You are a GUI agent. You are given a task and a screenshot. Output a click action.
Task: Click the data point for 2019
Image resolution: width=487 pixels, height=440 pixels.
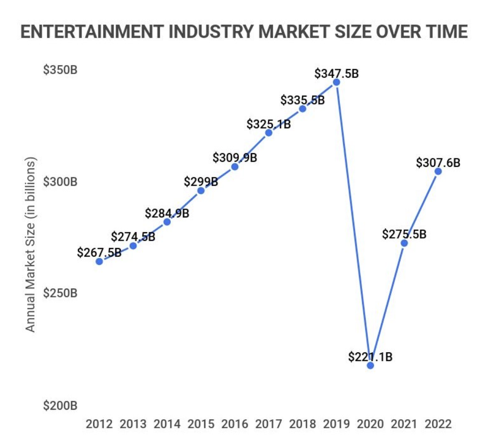pos(336,82)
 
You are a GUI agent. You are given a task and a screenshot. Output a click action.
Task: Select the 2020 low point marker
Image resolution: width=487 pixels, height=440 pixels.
pos(370,365)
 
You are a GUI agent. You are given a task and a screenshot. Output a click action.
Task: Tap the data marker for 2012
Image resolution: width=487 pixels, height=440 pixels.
pos(99,262)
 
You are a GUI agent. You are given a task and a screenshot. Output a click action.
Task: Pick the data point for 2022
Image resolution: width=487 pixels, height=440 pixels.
pos(438,171)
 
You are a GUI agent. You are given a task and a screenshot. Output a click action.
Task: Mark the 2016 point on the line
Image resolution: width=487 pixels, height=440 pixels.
pos(234,167)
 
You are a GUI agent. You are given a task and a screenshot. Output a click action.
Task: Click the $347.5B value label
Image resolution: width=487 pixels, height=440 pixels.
pos(336,73)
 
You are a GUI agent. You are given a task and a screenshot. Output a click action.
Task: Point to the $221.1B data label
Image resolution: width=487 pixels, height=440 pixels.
pos(370,356)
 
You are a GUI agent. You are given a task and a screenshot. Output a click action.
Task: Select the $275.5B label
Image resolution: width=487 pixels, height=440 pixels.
pos(404,234)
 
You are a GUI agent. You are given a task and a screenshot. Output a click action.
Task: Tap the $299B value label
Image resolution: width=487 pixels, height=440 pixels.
pos(201,182)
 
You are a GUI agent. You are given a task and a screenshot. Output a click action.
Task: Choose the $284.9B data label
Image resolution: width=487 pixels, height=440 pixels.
pos(167,213)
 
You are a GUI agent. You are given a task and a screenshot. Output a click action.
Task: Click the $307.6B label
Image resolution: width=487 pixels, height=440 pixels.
pos(438,162)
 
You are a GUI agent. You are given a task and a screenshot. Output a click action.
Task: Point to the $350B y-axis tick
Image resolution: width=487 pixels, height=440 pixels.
pos(60,71)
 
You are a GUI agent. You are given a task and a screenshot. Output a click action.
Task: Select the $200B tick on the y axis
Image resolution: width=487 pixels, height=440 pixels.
pos(60,406)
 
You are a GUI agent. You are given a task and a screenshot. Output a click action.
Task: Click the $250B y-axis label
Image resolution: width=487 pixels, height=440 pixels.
pos(60,293)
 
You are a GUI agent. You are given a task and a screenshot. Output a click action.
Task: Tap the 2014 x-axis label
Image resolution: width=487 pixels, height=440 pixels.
pos(167,424)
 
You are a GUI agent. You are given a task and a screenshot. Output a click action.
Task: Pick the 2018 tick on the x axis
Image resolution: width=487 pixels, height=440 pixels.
pos(303,424)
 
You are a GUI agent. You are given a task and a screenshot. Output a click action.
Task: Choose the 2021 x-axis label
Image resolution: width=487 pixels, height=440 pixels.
pos(404,424)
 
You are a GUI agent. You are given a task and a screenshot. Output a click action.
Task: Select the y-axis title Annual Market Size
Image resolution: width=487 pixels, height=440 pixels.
pos(30,244)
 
